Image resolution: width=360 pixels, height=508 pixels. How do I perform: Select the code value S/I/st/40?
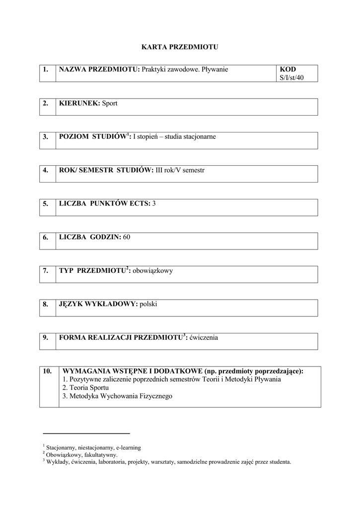click(x=291, y=78)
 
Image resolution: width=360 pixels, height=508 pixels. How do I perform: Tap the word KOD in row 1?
click(x=288, y=69)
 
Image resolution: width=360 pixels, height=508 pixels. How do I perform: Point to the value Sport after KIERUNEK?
click(x=110, y=103)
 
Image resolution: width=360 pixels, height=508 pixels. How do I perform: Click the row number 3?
click(x=46, y=137)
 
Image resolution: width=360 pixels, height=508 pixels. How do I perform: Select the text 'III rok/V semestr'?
click(x=180, y=170)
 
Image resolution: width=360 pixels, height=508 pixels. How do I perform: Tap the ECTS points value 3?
click(x=154, y=203)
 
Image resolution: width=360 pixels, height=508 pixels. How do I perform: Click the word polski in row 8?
click(x=148, y=304)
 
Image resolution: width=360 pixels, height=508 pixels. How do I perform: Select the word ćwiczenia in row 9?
click(x=203, y=338)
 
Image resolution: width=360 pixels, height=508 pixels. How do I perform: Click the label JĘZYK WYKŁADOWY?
click(x=98, y=304)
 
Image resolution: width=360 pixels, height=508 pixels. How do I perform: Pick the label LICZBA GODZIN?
click(x=90, y=237)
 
